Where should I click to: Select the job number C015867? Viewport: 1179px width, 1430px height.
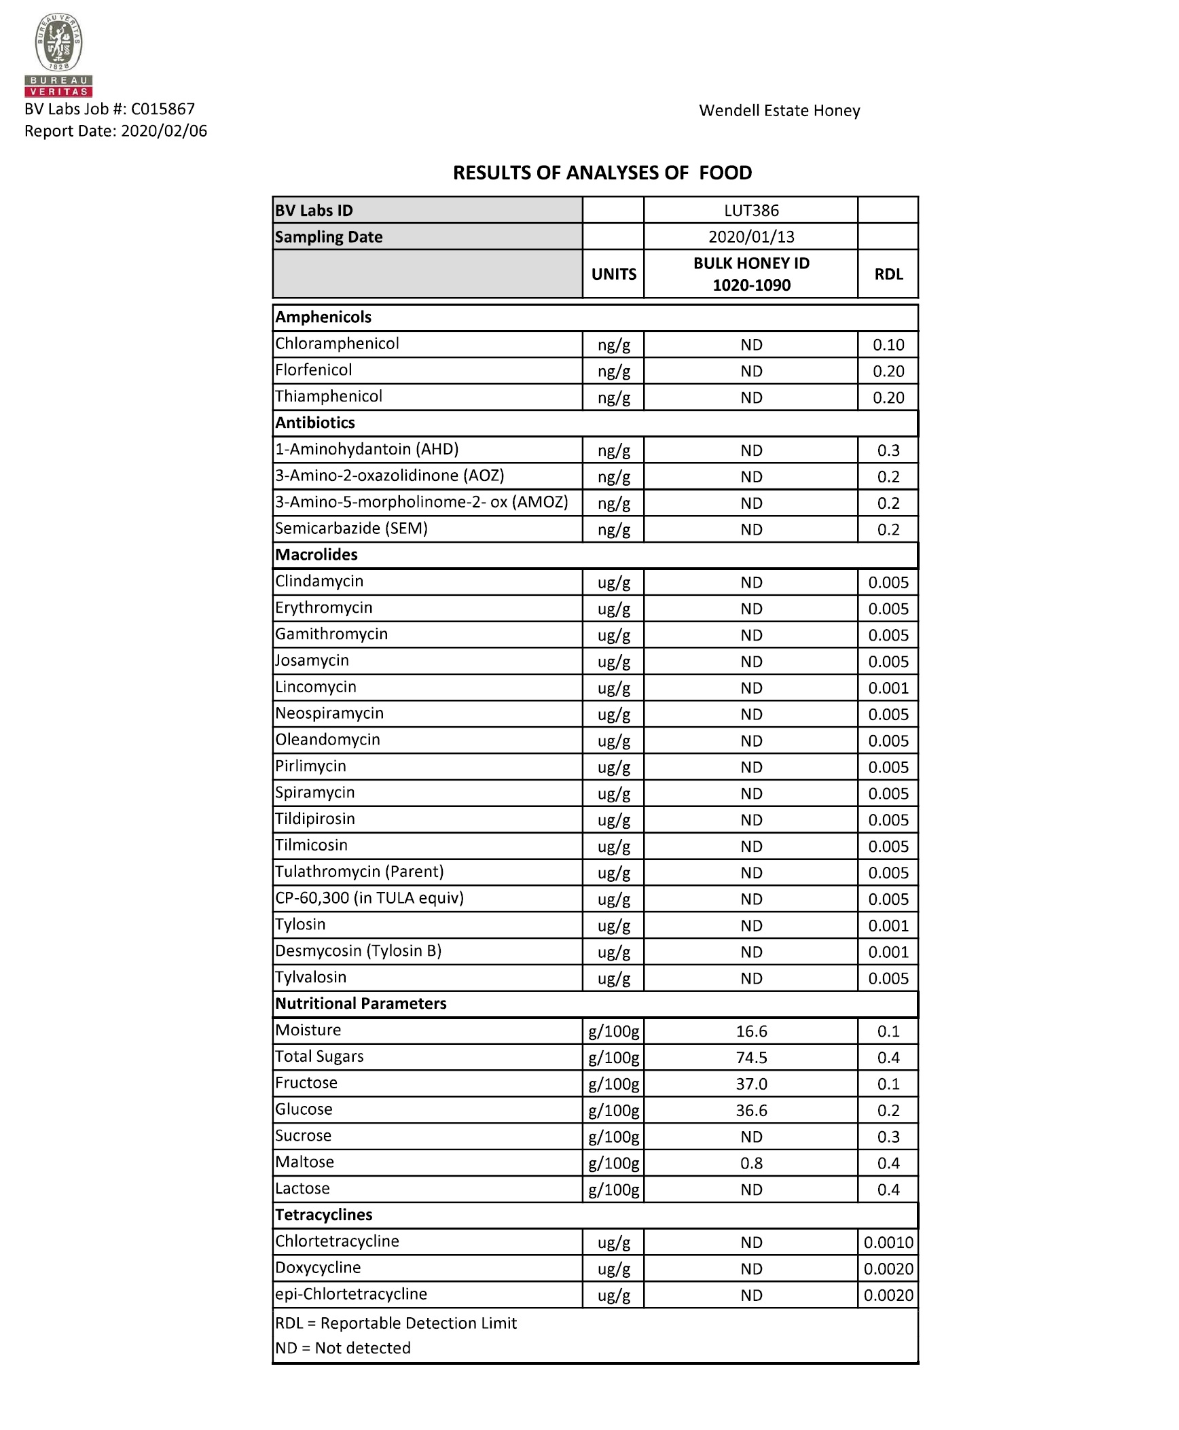pos(162,109)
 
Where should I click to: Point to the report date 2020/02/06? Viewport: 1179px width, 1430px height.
pos(164,131)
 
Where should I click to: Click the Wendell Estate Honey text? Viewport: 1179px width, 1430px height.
pos(779,111)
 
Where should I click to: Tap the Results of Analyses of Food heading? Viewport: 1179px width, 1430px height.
pos(602,173)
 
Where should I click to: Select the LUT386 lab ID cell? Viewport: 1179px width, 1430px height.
pos(750,211)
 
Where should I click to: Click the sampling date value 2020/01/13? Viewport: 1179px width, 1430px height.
pos(750,237)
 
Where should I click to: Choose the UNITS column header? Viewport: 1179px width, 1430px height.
pos(613,274)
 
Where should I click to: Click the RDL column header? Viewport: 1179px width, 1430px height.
pos(888,274)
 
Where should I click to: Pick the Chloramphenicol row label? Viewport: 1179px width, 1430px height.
pos(337,344)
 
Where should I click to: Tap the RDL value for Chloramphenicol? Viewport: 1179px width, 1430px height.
pos(888,345)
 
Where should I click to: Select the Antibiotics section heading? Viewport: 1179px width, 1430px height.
pos(315,423)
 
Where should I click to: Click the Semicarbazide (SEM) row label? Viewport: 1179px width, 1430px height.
pos(351,529)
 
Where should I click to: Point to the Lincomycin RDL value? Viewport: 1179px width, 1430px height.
pos(888,688)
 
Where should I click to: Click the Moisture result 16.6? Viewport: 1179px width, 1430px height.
pos(750,1031)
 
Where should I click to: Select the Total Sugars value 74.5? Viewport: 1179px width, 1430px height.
pos(750,1058)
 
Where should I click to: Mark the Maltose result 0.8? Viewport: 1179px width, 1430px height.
pos(750,1163)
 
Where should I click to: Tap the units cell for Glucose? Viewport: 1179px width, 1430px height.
pos(613,1111)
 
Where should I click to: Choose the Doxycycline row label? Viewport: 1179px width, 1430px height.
pos(318,1268)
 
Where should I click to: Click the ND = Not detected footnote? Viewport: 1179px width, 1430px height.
pos(343,1348)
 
